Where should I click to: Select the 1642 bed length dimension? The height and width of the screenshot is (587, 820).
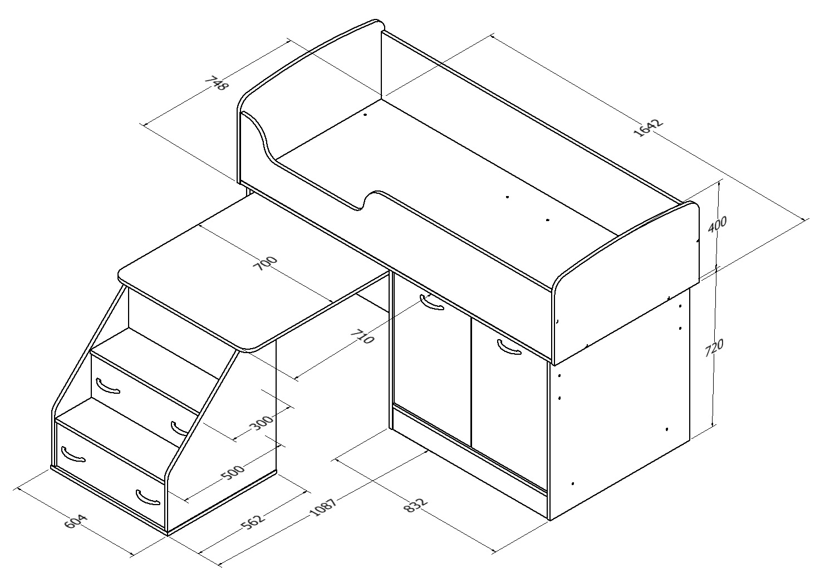coord(648,128)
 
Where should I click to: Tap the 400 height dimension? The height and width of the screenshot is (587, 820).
coord(717,224)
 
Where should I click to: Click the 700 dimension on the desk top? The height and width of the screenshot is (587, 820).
coord(266,263)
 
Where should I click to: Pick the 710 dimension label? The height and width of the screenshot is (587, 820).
coord(362,337)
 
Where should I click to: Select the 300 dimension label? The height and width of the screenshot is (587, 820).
coord(261,423)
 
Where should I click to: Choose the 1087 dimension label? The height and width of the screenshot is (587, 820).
coord(323,507)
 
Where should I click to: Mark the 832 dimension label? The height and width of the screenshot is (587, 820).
coord(415,505)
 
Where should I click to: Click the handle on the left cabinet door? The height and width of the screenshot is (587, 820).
coord(432,302)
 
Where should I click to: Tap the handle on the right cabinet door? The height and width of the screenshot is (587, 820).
coord(509,347)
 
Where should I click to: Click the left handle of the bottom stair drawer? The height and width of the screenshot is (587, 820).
coord(73,455)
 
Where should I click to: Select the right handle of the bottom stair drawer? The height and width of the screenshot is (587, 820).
coord(148,497)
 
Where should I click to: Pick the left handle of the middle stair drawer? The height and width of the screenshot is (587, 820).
coord(107,386)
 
